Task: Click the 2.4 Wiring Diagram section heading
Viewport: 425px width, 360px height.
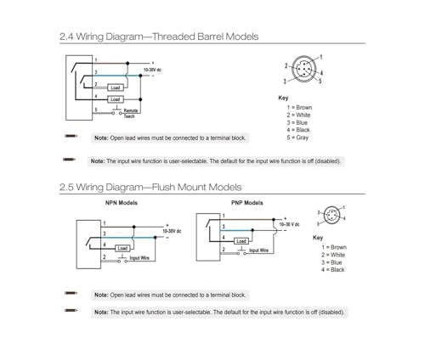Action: coord(159,37)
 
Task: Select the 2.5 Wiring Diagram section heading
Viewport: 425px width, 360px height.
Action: coord(150,188)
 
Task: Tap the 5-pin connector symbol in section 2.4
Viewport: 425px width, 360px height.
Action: coord(303,69)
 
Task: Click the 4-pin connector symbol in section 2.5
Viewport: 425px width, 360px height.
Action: coord(331,216)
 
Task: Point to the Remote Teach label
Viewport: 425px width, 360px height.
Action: coord(130,113)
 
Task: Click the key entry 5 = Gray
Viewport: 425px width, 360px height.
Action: coord(297,138)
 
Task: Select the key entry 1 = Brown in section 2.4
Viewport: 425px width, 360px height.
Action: coord(299,108)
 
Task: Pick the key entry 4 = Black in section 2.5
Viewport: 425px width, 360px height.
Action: coord(333,270)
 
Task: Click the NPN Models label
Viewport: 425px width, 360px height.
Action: coord(122,203)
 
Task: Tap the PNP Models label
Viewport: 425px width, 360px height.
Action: coord(247,203)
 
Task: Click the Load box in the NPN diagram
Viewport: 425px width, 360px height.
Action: coord(122,249)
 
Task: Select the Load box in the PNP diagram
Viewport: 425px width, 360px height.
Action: coord(241,241)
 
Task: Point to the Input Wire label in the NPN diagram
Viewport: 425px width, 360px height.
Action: coord(139,258)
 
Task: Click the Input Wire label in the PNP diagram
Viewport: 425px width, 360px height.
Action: coord(258,250)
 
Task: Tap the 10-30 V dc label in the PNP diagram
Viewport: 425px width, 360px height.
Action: coord(289,224)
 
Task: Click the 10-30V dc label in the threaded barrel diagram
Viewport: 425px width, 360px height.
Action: coord(152,70)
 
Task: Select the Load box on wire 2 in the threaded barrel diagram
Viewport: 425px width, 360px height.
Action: coord(116,87)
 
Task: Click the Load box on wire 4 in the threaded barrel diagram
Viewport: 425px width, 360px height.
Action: coord(116,99)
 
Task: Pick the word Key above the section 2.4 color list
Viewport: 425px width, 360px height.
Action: coord(283,98)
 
